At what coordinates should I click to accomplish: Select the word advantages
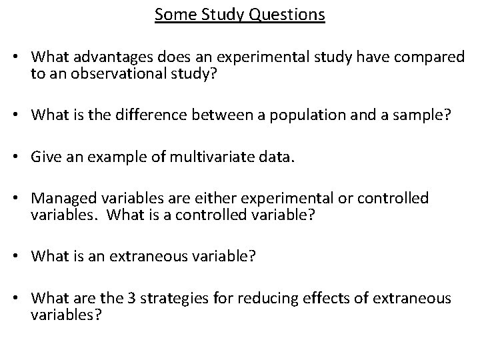click(x=113, y=57)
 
